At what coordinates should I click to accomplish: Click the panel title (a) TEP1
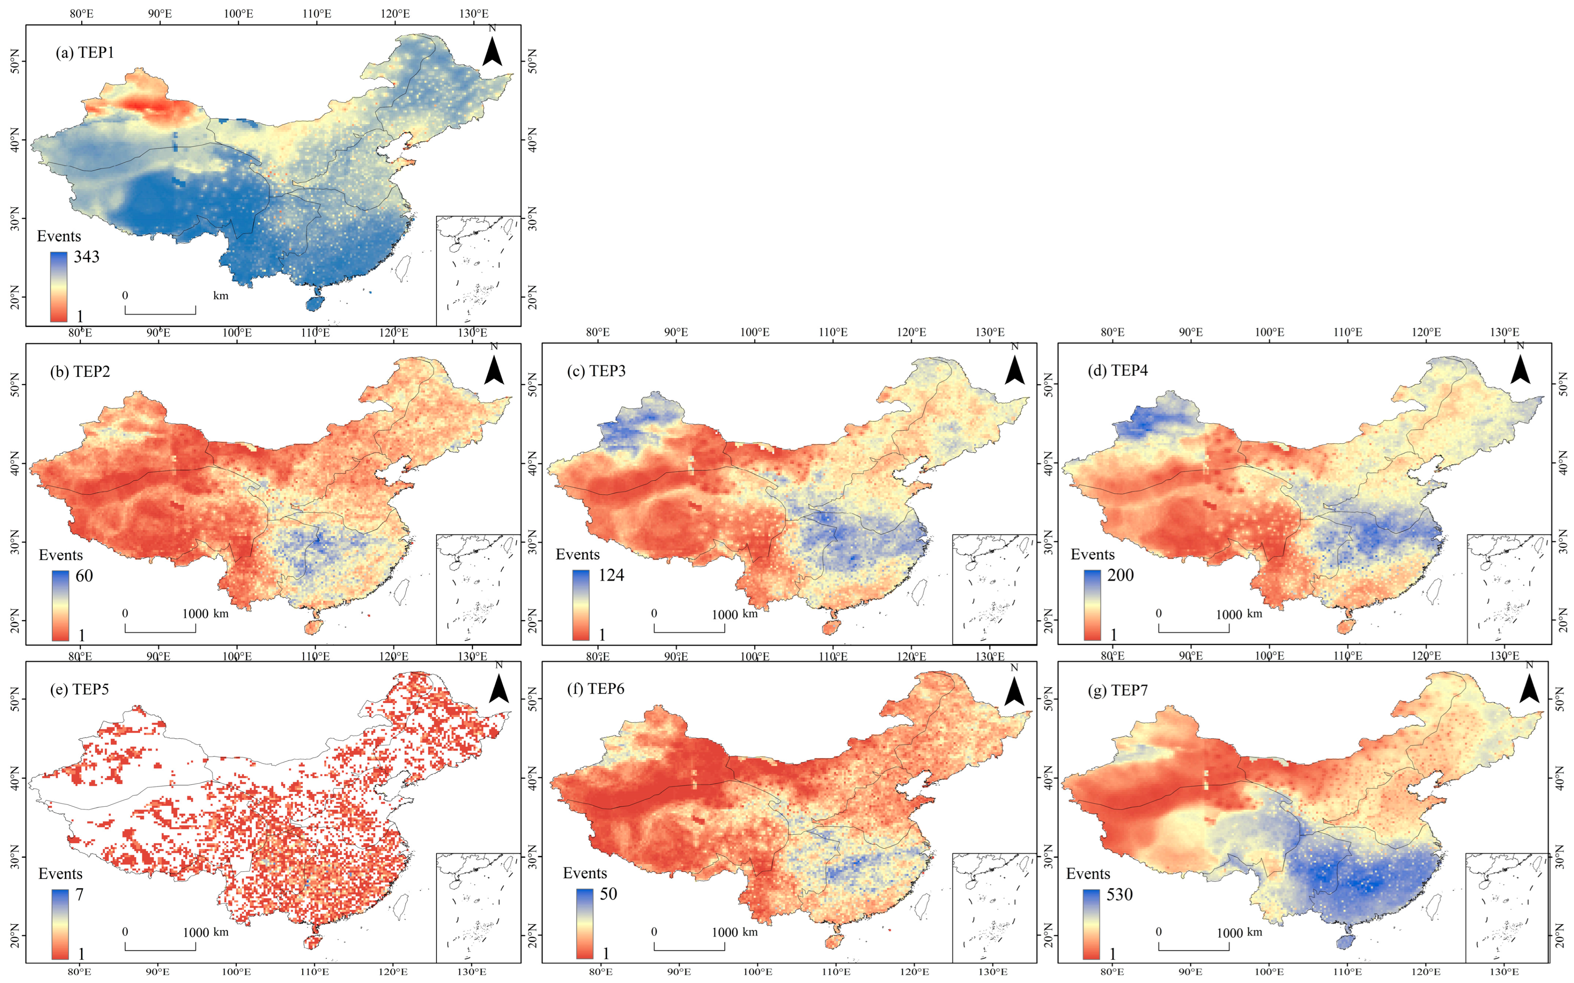click(85, 53)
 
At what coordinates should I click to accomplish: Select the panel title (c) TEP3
click(597, 371)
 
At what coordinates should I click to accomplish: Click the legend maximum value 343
click(87, 257)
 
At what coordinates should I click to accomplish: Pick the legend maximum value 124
click(611, 576)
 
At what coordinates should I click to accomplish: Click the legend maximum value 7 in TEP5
click(79, 895)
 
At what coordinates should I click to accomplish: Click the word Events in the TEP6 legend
click(585, 873)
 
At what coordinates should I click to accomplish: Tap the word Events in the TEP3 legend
click(577, 555)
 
